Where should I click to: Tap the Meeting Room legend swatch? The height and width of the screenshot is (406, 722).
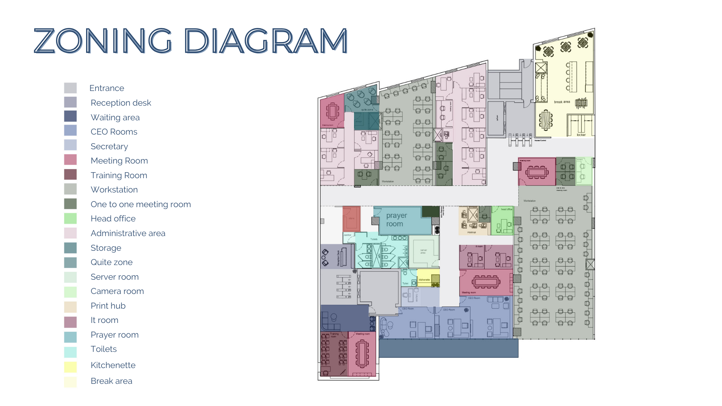click(x=70, y=160)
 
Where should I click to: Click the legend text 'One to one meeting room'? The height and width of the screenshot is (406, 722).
click(x=141, y=204)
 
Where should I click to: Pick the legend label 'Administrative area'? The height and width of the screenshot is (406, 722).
click(x=128, y=233)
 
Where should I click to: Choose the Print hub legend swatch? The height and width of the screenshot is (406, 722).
click(x=70, y=307)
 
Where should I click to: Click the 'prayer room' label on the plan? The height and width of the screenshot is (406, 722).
click(x=396, y=220)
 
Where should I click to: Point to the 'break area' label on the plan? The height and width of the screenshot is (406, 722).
click(x=562, y=102)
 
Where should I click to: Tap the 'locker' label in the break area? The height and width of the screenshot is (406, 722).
click(x=581, y=135)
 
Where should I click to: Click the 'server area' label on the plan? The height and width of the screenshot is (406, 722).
click(x=423, y=251)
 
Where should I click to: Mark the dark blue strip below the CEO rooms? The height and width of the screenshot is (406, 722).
click(x=448, y=348)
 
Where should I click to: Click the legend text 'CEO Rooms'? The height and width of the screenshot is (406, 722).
click(x=114, y=132)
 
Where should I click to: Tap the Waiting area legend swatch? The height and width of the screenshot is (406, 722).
click(x=70, y=116)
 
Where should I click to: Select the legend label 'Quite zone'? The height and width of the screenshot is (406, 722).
click(x=111, y=262)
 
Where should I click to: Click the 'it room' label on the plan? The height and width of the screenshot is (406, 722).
click(x=479, y=247)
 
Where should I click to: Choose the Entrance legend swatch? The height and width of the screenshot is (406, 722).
click(x=70, y=88)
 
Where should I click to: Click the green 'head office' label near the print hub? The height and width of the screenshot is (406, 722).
click(x=507, y=209)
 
